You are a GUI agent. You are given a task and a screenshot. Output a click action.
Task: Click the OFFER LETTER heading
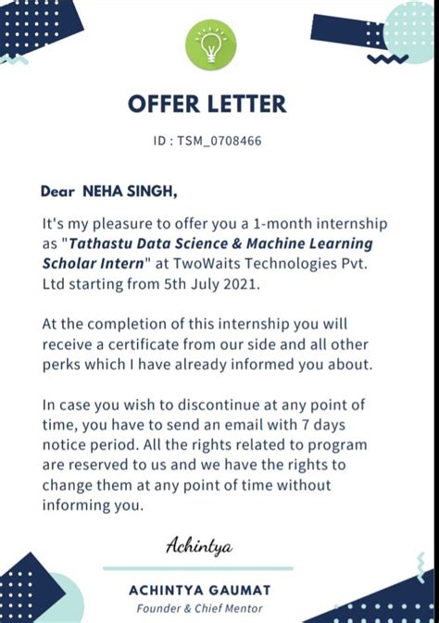click(207, 103)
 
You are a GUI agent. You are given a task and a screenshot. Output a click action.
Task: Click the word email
click(256, 425)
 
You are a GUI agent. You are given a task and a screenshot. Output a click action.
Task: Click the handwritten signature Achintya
click(198, 546)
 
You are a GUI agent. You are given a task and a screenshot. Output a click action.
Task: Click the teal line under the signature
click(198, 568)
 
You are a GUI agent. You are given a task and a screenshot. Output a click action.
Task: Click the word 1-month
click(264, 224)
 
